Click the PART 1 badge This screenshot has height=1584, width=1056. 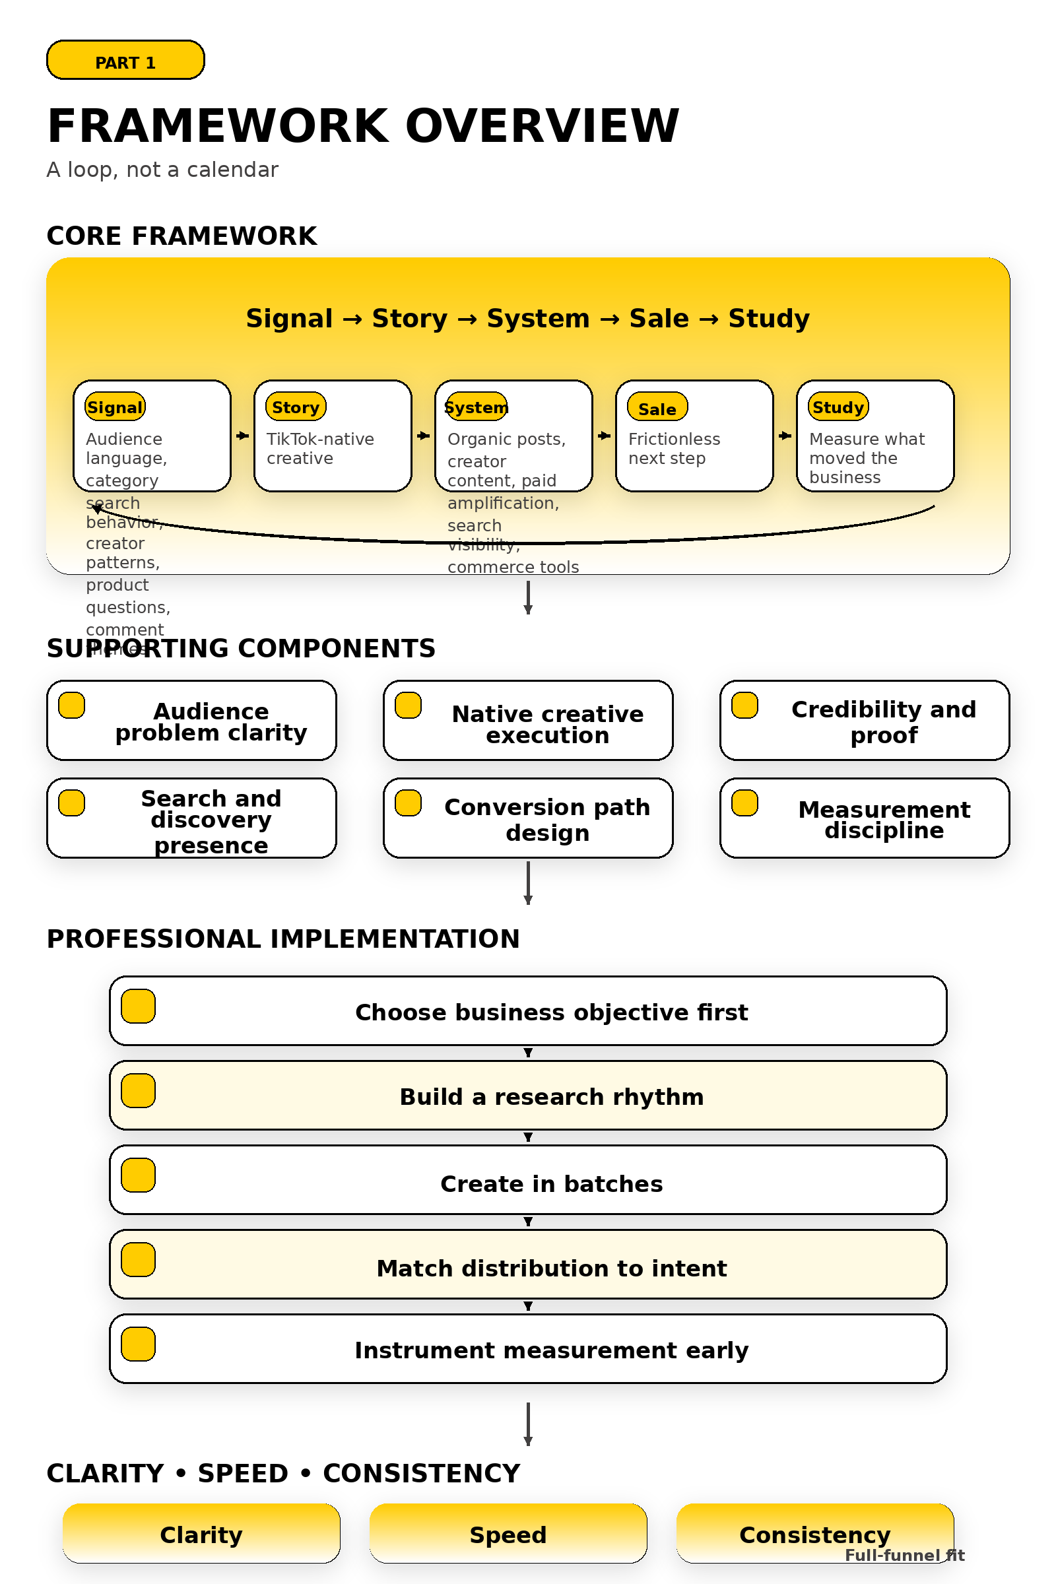click(125, 61)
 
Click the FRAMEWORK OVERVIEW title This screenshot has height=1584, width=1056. click(363, 126)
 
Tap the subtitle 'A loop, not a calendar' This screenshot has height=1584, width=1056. click(162, 170)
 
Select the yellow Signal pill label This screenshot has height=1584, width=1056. click(115, 407)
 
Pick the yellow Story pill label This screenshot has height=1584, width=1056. click(296, 407)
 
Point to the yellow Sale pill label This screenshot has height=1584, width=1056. click(657, 408)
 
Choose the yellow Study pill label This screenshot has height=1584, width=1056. click(838, 407)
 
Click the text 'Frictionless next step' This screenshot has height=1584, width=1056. click(673, 449)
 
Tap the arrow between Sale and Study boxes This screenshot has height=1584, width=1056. click(785, 436)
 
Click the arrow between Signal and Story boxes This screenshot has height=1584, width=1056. click(242, 436)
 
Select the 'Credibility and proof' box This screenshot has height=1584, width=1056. click(864, 721)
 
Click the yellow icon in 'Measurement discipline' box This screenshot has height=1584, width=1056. click(745, 803)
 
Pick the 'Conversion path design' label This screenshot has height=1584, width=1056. click(547, 820)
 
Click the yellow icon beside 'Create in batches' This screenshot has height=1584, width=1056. click(138, 1175)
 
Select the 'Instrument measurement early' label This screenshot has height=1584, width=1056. click(551, 1350)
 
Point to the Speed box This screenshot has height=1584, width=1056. click(508, 1533)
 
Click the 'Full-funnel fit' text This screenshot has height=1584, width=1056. click(904, 1555)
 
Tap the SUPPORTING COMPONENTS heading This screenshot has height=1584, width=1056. click(241, 649)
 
